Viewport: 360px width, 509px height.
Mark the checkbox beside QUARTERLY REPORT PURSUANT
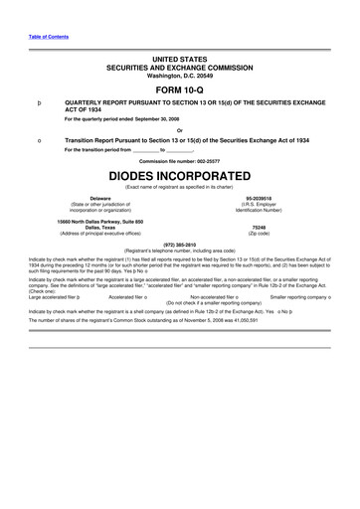[38, 103]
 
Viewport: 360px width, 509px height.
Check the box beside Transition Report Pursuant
[38, 141]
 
